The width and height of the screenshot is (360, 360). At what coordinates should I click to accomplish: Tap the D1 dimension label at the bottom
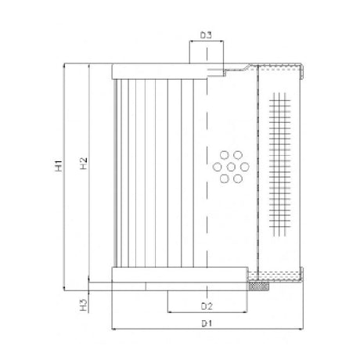click(207, 322)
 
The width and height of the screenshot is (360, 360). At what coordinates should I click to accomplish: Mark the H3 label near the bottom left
click(83, 302)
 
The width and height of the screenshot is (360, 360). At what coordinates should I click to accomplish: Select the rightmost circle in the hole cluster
click(243, 166)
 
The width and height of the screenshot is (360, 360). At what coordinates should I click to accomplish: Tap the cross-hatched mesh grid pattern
click(283, 164)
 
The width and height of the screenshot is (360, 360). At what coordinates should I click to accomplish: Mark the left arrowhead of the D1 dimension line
click(117, 329)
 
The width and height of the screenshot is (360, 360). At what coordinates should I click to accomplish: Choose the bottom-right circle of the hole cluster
click(237, 178)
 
